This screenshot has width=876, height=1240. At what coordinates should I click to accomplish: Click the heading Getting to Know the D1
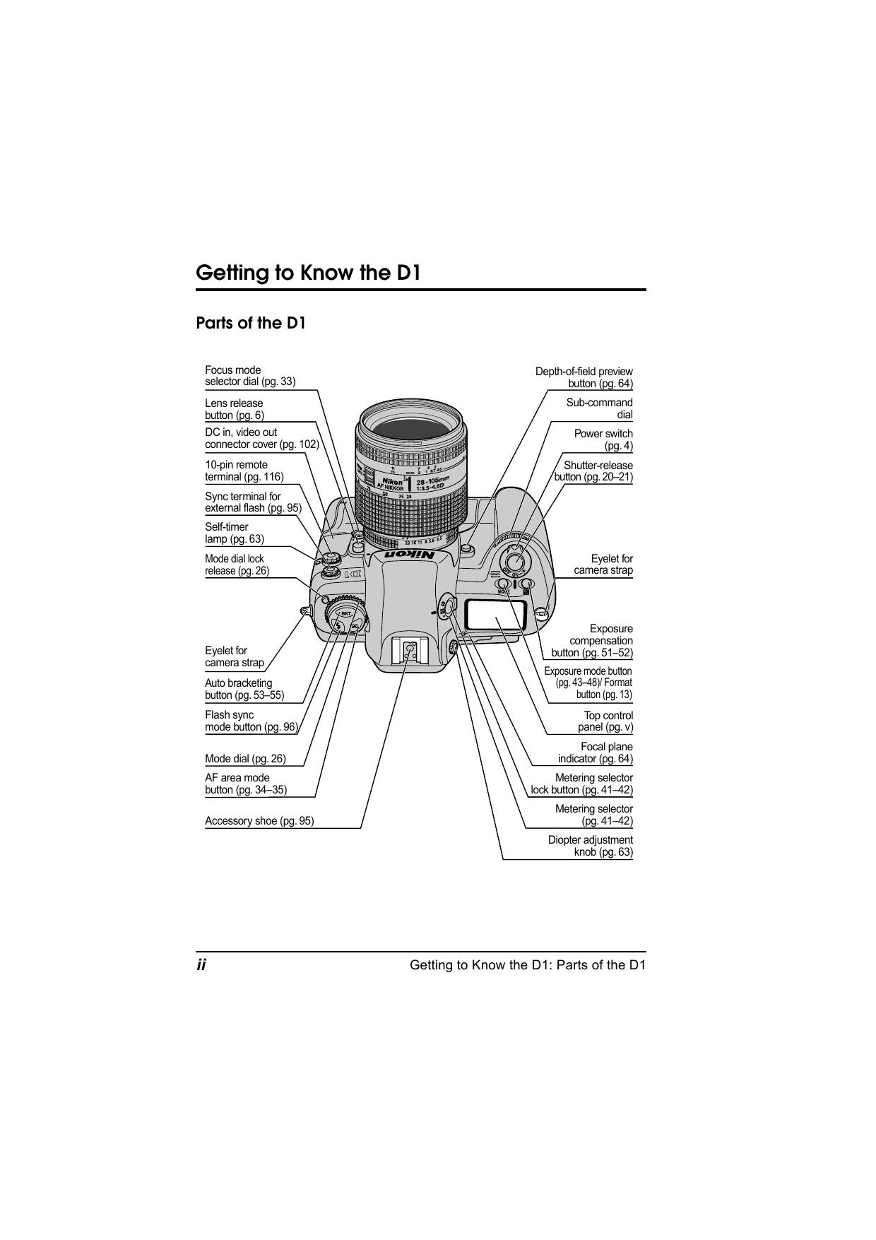click(x=308, y=273)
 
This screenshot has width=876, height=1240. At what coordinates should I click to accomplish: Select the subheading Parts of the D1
click(x=251, y=324)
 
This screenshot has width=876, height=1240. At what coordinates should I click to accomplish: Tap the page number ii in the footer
click(x=201, y=965)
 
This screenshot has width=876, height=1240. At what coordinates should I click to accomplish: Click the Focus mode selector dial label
click(x=250, y=376)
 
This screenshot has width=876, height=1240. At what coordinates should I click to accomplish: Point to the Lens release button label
click(x=235, y=409)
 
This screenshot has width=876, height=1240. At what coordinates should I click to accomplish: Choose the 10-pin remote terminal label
click(x=244, y=471)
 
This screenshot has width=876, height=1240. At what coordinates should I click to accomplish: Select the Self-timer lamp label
click(x=235, y=533)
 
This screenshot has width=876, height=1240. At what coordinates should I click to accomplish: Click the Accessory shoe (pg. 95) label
click(x=259, y=821)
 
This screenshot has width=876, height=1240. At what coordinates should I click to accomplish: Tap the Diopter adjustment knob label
click(x=591, y=846)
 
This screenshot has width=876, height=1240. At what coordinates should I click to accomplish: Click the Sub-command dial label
click(x=600, y=408)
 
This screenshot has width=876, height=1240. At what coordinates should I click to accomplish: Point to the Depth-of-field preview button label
click(x=584, y=377)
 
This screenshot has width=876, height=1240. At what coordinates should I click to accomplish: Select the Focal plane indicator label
click(x=596, y=752)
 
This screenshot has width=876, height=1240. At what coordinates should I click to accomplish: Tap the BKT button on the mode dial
click(x=346, y=613)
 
